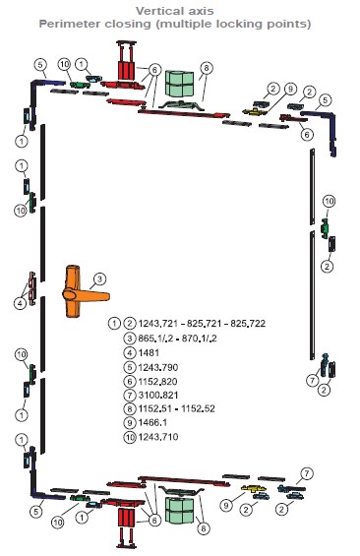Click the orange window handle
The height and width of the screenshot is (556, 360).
point(76,294)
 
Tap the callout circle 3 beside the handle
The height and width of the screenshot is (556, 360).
point(100,279)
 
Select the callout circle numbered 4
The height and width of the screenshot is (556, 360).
point(20,303)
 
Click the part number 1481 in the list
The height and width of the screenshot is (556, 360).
point(149,353)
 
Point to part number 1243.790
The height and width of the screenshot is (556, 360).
point(158,367)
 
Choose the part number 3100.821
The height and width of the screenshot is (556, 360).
point(158,395)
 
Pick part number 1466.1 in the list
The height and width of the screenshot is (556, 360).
point(152,423)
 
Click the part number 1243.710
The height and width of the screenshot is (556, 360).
point(158,437)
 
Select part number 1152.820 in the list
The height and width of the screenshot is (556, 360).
point(157,382)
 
